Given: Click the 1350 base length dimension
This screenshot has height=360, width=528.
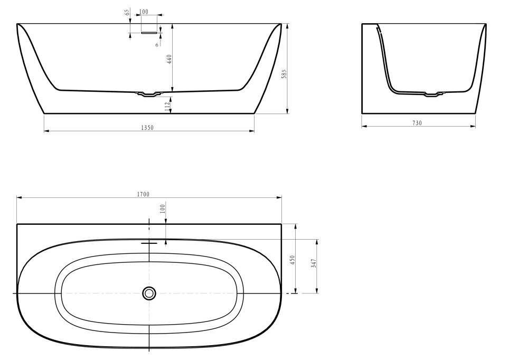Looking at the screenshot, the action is tap(147, 128).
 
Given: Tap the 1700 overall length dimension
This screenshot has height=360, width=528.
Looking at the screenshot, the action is tap(143, 194).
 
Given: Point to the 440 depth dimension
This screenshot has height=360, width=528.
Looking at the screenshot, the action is tap(169, 59).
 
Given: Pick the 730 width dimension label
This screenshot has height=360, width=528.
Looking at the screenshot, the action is tap(417, 124).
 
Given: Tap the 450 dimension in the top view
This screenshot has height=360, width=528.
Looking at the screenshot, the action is tap(293, 260).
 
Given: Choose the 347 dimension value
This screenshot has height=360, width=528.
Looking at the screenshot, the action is tap(314, 263).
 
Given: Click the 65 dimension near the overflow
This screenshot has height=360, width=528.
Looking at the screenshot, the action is tap(127, 13).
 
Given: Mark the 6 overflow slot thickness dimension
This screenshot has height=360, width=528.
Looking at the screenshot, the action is tap(157, 45).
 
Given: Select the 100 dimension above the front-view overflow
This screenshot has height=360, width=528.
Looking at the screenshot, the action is tap(144, 12).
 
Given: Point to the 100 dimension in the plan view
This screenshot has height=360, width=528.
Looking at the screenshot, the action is tap(163, 209).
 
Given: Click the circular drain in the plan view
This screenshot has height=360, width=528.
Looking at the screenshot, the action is tap(149, 293).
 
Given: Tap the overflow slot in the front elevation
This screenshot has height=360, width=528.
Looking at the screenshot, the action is tap(149, 33).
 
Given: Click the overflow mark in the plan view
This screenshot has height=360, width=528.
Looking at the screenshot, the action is tap(149, 242).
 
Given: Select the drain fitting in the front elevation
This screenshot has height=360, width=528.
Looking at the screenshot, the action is tap(149, 94).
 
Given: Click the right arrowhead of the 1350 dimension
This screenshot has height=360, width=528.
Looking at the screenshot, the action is tap(252, 131).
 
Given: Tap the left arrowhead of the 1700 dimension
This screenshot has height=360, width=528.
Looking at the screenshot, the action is tap(19, 197).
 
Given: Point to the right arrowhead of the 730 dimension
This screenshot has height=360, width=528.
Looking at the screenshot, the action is tap(473, 127).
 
